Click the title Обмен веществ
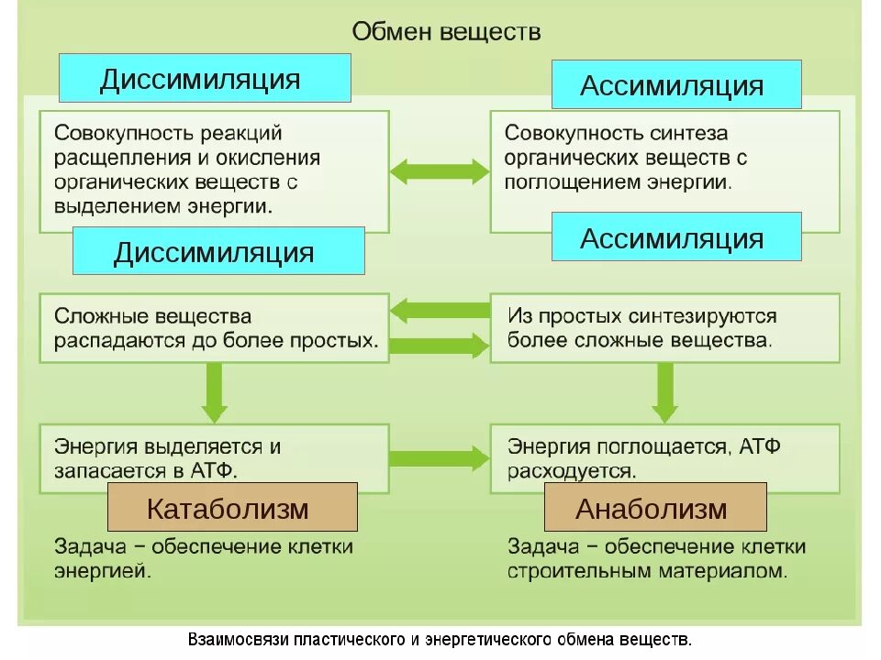pos(447,31)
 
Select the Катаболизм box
pos(232,508)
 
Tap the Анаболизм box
pos(654,508)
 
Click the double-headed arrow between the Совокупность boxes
pos(440,171)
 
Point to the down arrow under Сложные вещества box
pos(215,391)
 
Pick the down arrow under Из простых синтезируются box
pos(664,391)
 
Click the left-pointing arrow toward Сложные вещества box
pos(440,310)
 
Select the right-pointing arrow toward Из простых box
pos(440,346)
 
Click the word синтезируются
pos(703,316)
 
